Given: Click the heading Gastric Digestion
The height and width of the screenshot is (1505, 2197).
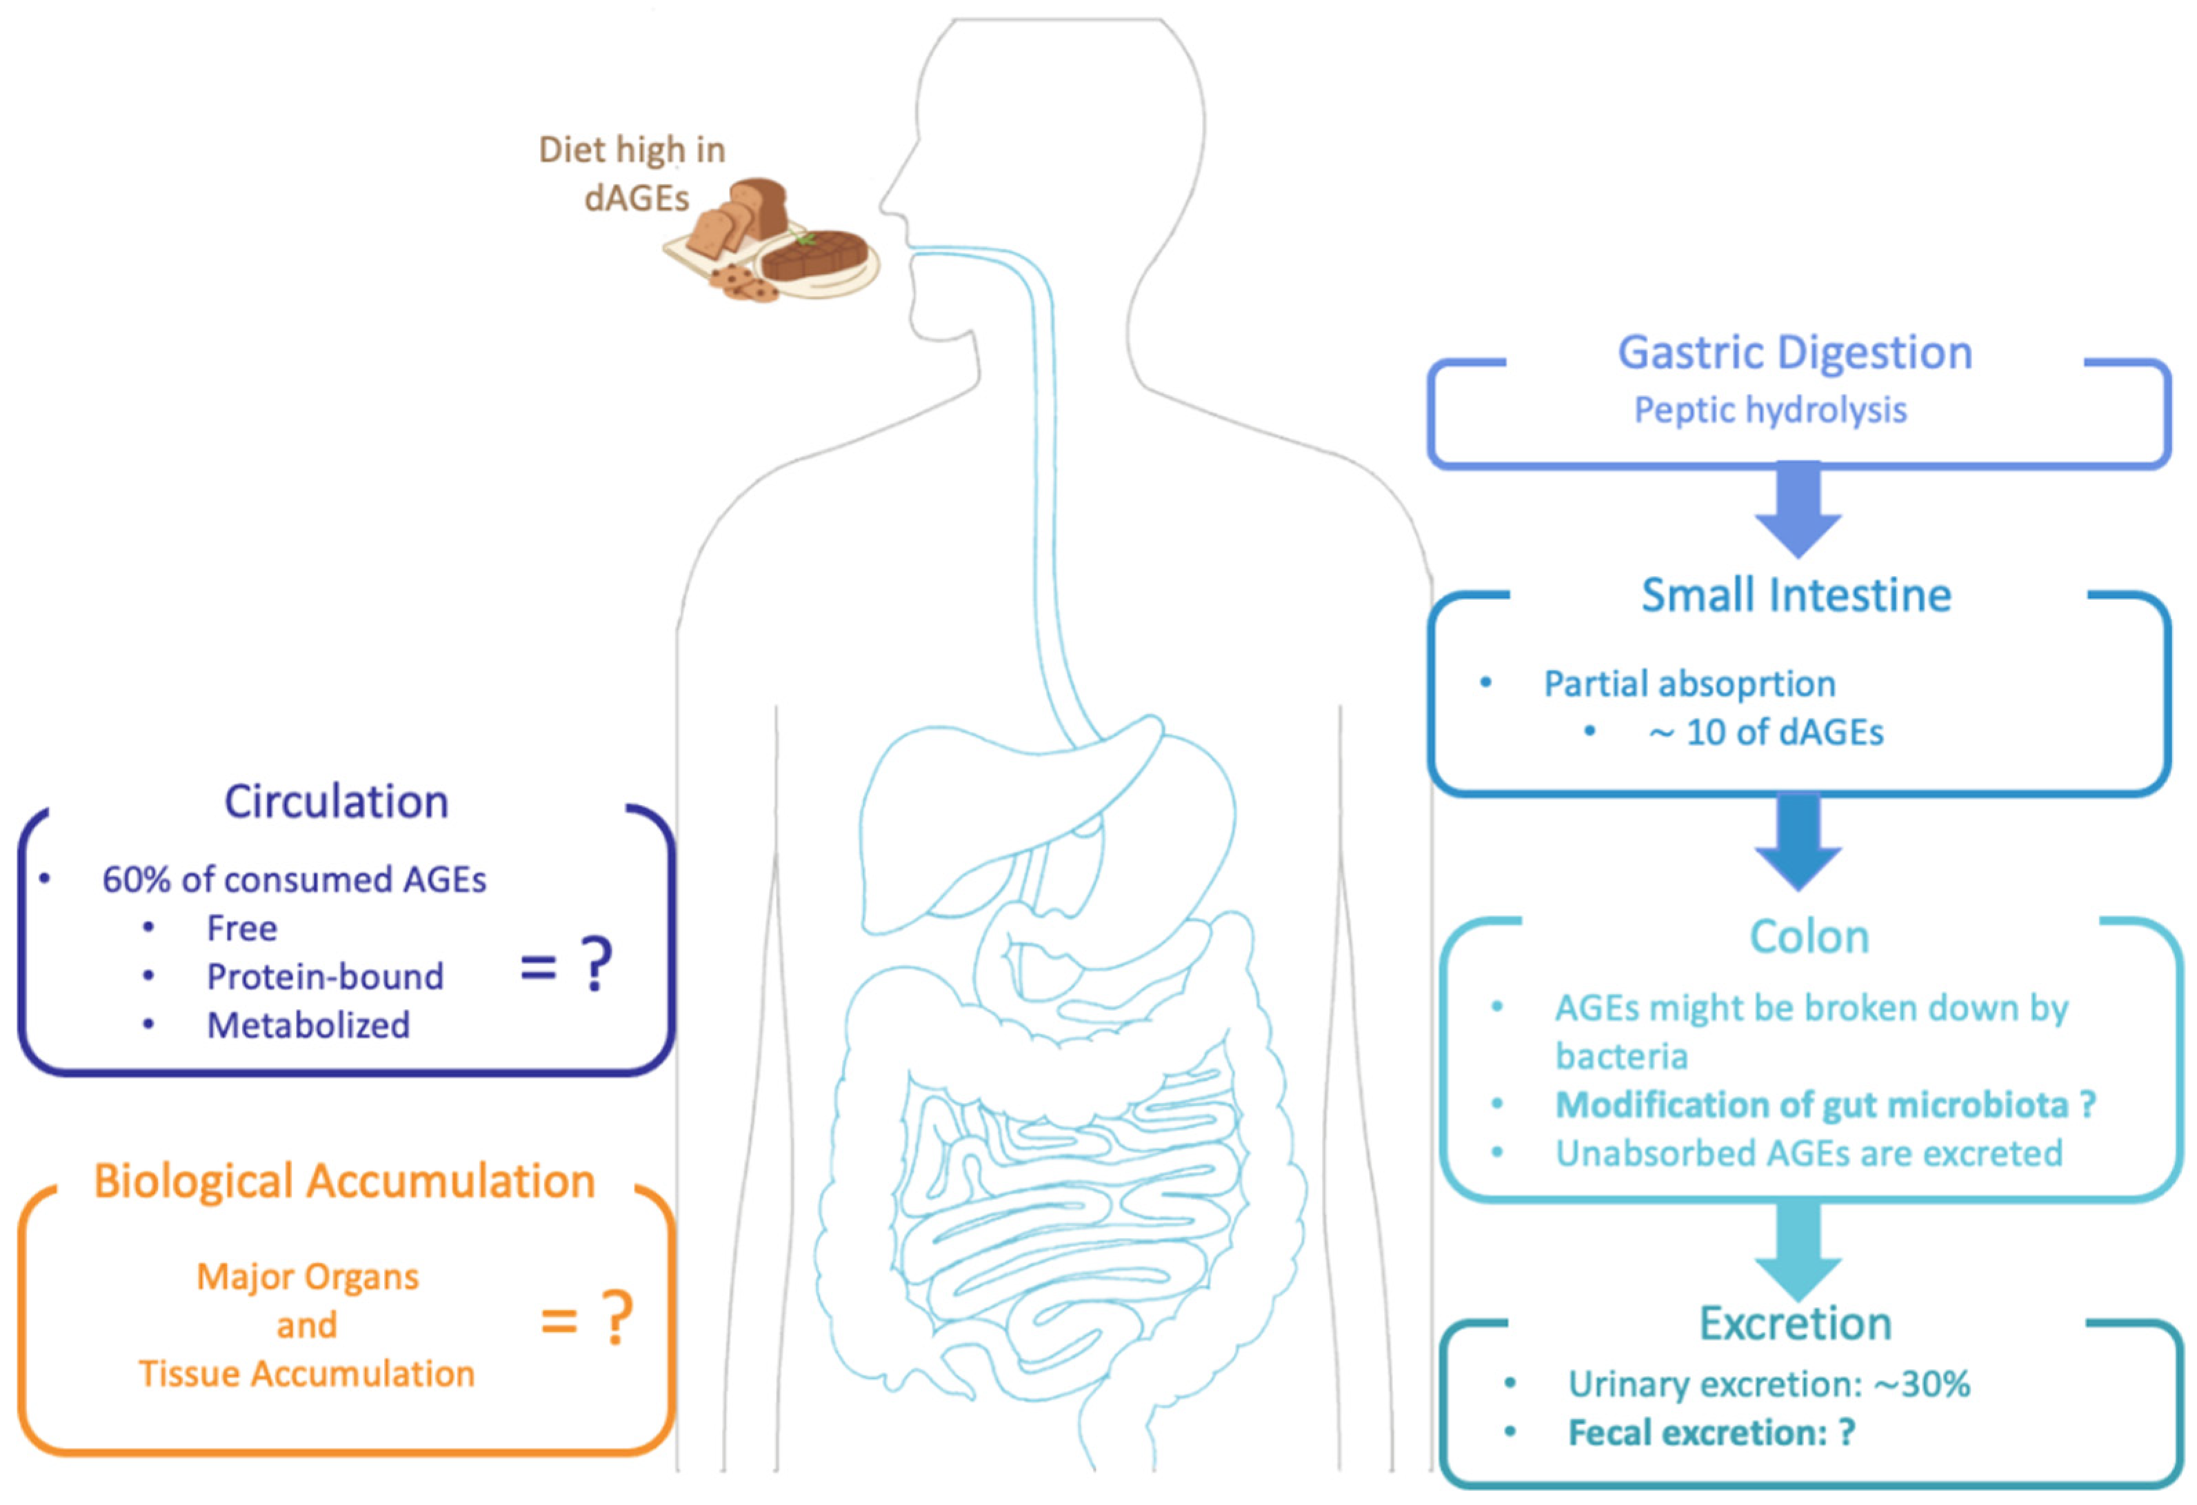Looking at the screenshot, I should click(1794, 352).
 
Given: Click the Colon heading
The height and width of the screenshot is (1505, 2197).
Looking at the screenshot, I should click(1809, 937).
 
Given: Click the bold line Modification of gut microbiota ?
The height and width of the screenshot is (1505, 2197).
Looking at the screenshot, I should click(1825, 1104).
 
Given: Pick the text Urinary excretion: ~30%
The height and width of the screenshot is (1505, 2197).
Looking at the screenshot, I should click(1768, 1384).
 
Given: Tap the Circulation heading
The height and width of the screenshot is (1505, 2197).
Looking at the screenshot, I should click(336, 801).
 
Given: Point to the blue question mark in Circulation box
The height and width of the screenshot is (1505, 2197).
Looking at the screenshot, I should click(596, 964).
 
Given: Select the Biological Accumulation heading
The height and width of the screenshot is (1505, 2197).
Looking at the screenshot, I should click(344, 1181).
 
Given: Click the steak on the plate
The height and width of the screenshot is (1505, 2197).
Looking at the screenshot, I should click(815, 253).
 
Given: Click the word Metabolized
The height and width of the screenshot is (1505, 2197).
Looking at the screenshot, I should click(308, 1026).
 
